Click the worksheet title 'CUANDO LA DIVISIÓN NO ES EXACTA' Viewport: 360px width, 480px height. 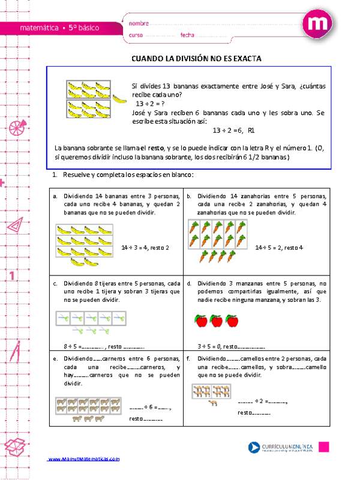(x=197, y=59)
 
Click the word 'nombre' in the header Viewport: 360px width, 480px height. (x=139, y=23)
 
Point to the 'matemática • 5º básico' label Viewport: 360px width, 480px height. (x=59, y=28)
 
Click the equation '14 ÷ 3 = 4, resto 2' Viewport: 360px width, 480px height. (x=145, y=247)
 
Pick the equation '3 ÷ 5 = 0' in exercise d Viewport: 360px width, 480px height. (x=209, y=346)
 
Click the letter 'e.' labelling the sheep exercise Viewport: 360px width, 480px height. (x=55, y=358)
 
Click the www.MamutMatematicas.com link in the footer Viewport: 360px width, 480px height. (x=84, y=459)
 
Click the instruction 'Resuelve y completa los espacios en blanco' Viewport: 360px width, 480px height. (x=125, y=175)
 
